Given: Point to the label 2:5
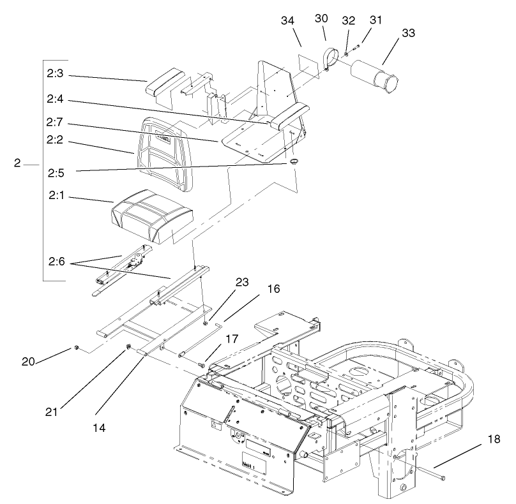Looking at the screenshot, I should pos(55,172).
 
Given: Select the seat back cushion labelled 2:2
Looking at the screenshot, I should pos(163,154).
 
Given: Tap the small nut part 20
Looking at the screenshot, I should pos(76,348).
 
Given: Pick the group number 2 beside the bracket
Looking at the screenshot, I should pos(17,163).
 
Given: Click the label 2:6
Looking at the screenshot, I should pos(55,261).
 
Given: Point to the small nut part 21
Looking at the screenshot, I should pos(128,347).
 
